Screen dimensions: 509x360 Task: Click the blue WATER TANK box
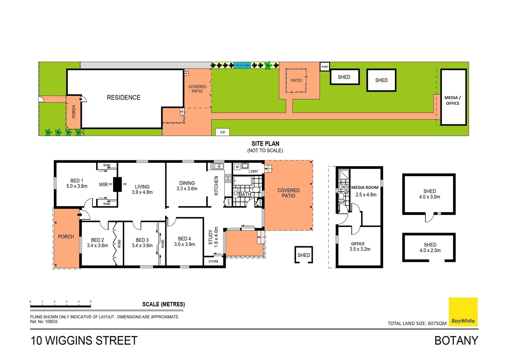242,65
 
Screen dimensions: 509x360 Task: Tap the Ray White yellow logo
463,312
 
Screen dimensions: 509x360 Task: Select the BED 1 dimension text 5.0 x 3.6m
77,186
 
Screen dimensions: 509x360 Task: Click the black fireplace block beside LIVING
117,184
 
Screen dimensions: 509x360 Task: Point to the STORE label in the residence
213,262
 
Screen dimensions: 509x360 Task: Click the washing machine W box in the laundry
237,167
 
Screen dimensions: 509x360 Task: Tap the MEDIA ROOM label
365,188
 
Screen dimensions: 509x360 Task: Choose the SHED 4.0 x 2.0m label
430,248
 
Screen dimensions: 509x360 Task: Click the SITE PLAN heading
265,144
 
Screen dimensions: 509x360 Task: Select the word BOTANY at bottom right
456,341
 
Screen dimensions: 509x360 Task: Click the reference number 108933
51,322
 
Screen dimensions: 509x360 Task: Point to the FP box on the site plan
223,132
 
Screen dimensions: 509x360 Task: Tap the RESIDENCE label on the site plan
124,97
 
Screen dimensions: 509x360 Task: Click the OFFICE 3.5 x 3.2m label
360,246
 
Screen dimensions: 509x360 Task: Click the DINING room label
187,183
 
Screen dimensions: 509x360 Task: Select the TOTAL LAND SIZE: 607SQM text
417,323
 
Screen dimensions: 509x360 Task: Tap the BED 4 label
185,239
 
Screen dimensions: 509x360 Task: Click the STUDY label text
211,237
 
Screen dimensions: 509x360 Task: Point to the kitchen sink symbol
217,166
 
